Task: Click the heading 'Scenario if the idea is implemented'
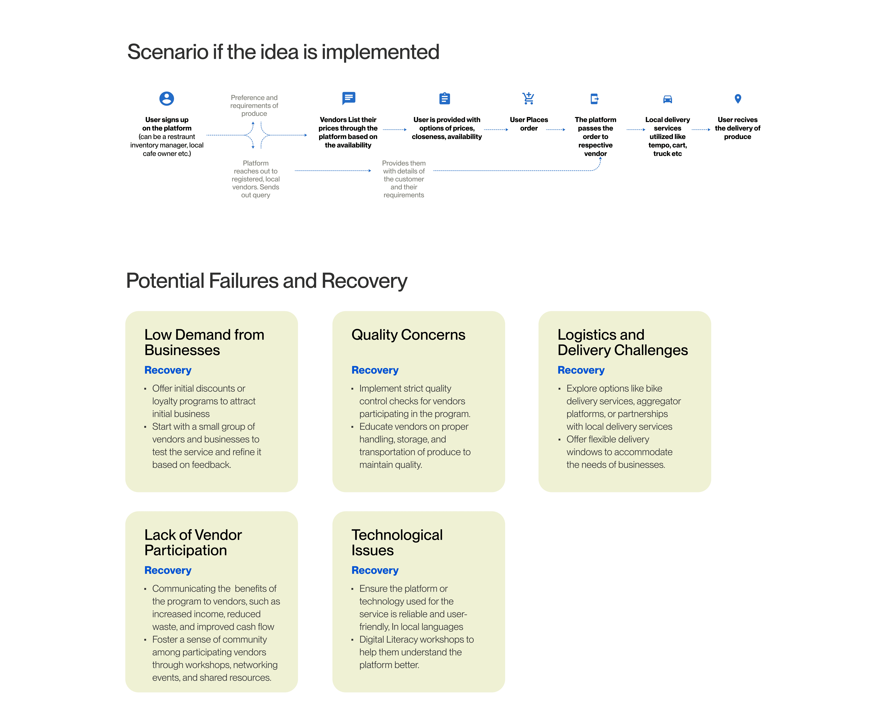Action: [283, 52]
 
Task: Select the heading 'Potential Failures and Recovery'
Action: [266, 281]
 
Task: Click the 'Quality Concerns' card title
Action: [408, 335]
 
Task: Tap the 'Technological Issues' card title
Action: [397, 542]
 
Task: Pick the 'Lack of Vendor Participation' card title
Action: [193, 542]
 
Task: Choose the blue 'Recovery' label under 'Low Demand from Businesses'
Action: [168, 370]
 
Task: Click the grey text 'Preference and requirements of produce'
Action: [254, 106]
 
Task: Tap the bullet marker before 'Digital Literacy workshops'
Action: [352, 640]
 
